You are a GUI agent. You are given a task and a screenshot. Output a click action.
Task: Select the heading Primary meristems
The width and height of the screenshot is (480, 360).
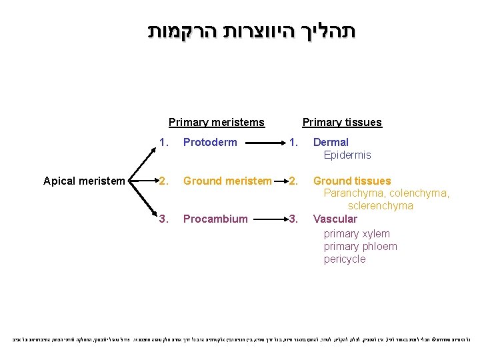[217, 122]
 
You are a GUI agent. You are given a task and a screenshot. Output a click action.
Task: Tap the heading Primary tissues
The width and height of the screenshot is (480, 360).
[342, 122]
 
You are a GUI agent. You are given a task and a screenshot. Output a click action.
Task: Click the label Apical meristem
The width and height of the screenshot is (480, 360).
[83, 181]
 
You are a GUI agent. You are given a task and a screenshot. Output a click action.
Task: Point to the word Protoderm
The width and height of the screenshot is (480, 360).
[210, 142]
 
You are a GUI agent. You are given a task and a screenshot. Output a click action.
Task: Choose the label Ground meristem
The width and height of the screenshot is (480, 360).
[227, 181]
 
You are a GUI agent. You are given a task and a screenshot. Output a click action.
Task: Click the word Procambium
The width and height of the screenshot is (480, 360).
[215, 219]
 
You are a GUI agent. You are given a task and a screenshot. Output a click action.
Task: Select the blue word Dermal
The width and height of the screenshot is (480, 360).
[331, 142]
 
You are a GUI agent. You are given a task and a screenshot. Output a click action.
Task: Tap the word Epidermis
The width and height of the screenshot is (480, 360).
[347, 155]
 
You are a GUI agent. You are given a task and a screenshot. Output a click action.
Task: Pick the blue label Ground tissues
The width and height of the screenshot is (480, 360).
[352, 181]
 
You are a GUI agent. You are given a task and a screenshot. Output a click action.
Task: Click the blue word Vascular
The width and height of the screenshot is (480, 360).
[335, 219]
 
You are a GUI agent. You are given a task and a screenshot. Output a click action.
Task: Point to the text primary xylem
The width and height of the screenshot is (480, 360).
[357, 233]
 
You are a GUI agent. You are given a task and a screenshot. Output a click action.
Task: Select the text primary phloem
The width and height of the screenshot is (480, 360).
[360, 246]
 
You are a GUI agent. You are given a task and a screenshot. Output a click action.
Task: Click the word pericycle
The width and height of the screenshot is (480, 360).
[345, 259]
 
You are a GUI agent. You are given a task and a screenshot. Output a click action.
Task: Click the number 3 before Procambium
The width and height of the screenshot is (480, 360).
[162, 219]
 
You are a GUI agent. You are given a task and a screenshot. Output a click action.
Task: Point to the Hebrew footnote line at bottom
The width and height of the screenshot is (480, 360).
[240, 339]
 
